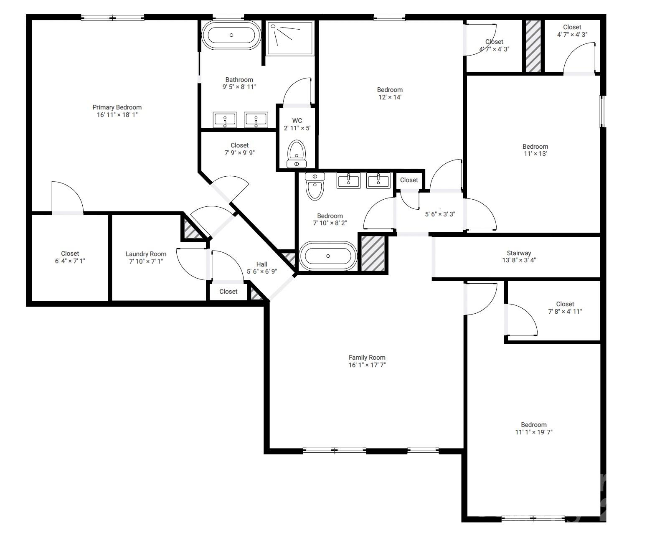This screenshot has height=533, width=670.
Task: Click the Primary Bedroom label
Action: [117, 107]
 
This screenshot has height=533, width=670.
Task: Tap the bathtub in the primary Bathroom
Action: [231, 35]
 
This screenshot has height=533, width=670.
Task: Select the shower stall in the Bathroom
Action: [290, 38]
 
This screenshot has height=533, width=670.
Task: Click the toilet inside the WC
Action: [297, 153]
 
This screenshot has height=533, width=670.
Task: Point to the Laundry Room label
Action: [146, 254]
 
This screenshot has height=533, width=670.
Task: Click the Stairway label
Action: [519, 253]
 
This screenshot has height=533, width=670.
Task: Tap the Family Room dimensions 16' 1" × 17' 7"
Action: [367, 365]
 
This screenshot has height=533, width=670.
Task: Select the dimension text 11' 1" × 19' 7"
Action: [533, 432]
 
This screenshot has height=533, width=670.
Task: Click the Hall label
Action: [262, 264]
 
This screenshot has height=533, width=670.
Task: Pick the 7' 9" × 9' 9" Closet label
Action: [239, 145]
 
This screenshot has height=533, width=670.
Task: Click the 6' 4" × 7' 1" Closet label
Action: [70, 254]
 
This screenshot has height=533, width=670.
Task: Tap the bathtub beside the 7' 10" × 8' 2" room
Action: [328, 256]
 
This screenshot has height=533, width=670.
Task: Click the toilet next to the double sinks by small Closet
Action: [315, 186]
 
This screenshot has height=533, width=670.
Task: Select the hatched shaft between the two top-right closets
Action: [533, 46]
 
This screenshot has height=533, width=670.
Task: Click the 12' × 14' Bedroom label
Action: [390, 90]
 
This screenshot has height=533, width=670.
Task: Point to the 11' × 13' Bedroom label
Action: [535, 147]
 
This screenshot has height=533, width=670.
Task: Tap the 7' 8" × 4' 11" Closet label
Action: [565, 304]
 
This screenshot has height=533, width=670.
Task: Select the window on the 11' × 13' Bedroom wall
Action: [602, 111]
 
